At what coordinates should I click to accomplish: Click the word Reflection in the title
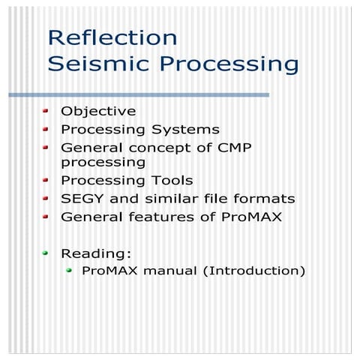click(x=112, y=37)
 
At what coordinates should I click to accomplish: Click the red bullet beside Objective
click(x=46, y=111)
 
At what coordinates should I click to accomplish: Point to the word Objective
click(x=98, y=111)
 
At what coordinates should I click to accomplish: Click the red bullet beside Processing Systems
click(x=46, y=129)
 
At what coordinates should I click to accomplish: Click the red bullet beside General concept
click(x=46, y=148)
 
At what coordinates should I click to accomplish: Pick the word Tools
click(x=169, y=181)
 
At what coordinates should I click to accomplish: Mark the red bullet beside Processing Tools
click(x=46, y=181)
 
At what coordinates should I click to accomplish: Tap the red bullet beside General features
click(x=46, y=217)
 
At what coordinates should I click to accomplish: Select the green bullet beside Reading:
click(x=46, y=253)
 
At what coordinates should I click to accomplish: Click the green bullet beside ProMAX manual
click(x=69, y=270)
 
